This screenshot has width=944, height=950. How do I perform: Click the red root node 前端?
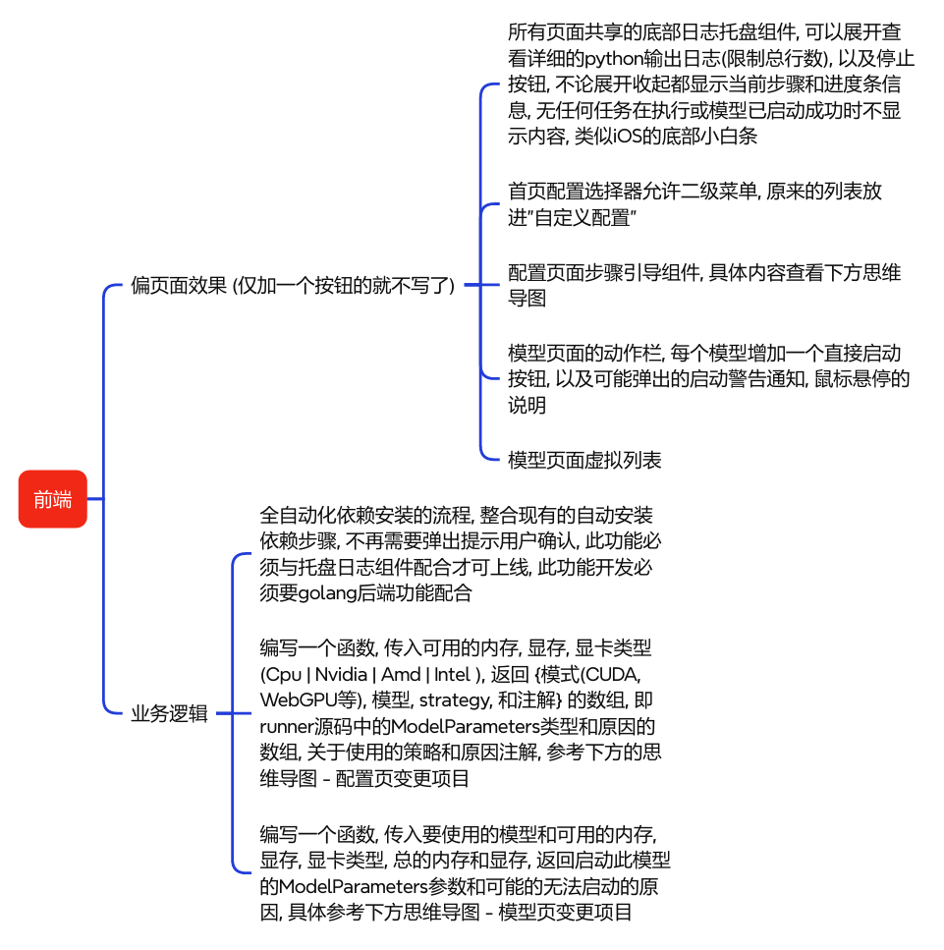(x=53, y=499)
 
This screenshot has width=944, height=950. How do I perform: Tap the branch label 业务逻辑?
(x=169, y=714)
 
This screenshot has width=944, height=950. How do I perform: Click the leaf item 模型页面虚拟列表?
(x=584, y=459)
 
